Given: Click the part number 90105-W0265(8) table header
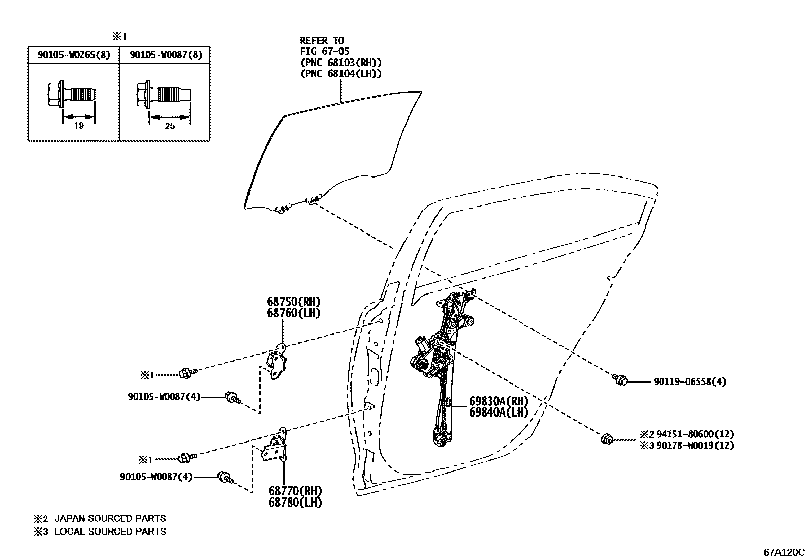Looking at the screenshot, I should point(74,55).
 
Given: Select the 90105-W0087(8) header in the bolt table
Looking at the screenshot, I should point(166,55).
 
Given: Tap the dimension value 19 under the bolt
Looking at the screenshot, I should point(79,126).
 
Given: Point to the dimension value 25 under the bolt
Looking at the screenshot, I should point(170,126).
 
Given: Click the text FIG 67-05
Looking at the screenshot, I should point(324,51).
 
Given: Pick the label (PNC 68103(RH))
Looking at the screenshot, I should point(340,63).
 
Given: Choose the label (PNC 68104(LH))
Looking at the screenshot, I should point(340,74).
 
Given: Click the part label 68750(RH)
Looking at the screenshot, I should point(294,302).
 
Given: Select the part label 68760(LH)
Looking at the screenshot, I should point(294,313).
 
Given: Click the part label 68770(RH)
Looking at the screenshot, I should point(295,491).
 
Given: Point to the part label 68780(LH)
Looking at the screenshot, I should point(295,502).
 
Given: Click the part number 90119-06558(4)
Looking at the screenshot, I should point(689,381).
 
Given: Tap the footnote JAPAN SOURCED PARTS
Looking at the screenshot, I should point(110,519).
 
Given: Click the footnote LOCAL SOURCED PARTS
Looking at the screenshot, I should point(110,532).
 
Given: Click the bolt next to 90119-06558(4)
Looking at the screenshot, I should point(619,379).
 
